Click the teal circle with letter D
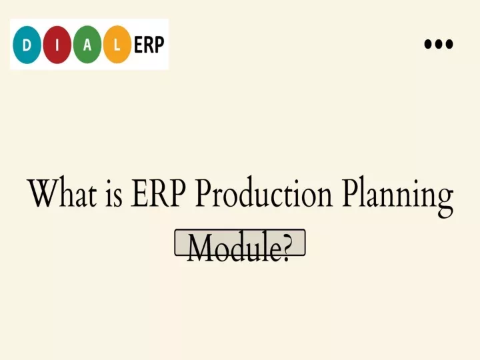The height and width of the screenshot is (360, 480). [27, 45]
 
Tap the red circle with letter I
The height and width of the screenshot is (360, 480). [57, 45]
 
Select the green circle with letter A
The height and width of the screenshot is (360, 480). [87, 45]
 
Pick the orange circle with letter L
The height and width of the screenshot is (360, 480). [117, 45]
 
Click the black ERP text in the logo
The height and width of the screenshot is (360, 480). [149, 45]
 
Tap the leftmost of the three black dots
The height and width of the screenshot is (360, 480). [427, 44]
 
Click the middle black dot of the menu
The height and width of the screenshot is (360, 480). [439, 44]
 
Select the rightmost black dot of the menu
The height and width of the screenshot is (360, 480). [449, 44]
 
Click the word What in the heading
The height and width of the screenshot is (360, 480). [63, 193]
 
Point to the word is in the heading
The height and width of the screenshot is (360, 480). [114, 195]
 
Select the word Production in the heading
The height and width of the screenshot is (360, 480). [264, 193]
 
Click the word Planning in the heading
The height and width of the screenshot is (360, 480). [398, 197]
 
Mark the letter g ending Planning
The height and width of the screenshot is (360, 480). [444, 203]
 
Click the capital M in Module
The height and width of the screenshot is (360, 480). [203, 247]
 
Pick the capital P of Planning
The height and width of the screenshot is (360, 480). [351, 193]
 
